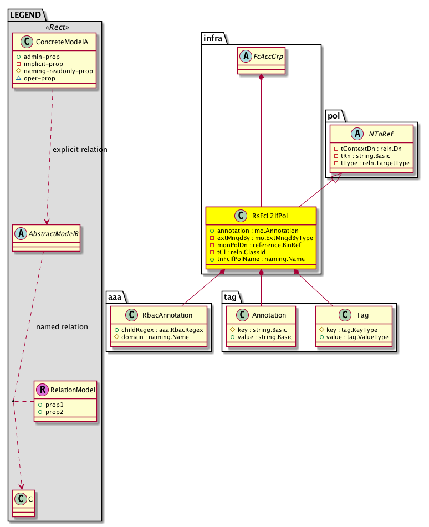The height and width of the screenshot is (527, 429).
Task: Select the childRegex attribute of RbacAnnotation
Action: pos(160,329)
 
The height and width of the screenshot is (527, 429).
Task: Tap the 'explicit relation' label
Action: pos(80,150)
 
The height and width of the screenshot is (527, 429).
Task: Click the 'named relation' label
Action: pos(62,327)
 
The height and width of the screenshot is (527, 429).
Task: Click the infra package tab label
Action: pos(214,38)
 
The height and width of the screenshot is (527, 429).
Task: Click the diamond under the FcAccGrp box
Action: pos(262,78)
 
